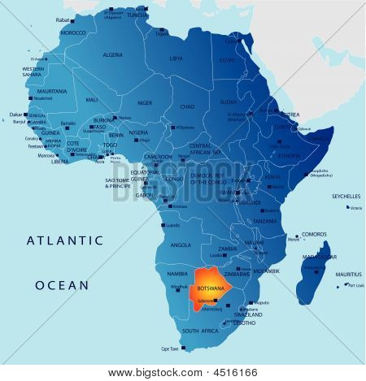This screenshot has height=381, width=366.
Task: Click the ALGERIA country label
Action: (112, 54)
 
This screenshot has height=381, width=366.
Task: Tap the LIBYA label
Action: (176, 58)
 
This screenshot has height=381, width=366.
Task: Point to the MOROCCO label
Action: (72, 33)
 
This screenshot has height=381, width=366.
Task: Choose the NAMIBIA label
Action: (176, 275)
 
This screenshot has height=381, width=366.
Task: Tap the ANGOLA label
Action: (180, 244)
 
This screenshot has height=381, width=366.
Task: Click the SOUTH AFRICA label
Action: (199, 331)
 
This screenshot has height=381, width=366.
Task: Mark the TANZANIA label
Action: (264, 221)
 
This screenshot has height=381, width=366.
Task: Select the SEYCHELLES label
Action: (346, 197)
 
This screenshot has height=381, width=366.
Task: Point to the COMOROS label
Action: (314, 234)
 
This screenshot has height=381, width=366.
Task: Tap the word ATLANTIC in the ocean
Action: (65, 240)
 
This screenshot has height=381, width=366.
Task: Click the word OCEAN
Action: (61, 285)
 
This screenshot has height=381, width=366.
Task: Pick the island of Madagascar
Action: (314, 272)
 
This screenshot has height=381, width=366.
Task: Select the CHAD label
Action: (187, 106)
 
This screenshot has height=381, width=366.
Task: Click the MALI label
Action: (91, 99)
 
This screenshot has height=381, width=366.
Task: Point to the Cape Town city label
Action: (170, 349)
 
